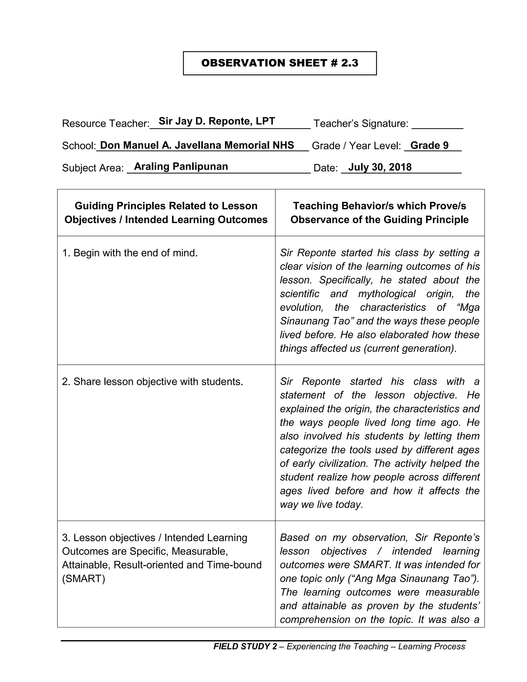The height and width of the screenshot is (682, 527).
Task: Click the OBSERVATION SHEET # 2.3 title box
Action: (280, 63)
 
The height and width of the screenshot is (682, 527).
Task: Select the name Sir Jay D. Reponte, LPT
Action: (217, 121)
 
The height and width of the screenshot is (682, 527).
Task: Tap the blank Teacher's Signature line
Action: (437, 125)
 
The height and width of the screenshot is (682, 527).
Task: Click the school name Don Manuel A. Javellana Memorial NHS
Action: (197, 145)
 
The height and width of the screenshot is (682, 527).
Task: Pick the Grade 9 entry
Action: (429, 145)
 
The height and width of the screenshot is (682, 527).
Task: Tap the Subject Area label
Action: (93, 168)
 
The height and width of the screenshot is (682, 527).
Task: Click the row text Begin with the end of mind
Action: (130, 253)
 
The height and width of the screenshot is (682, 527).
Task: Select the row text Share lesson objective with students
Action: (152, 381)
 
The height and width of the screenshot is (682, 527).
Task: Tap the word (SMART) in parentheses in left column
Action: (84, 579)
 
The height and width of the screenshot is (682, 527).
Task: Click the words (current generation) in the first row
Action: (410, 348)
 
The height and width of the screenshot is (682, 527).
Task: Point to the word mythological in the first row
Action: (387, 294)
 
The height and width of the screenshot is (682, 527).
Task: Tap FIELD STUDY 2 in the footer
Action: (245, 646)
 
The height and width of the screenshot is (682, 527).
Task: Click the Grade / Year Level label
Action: (356, 146)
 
